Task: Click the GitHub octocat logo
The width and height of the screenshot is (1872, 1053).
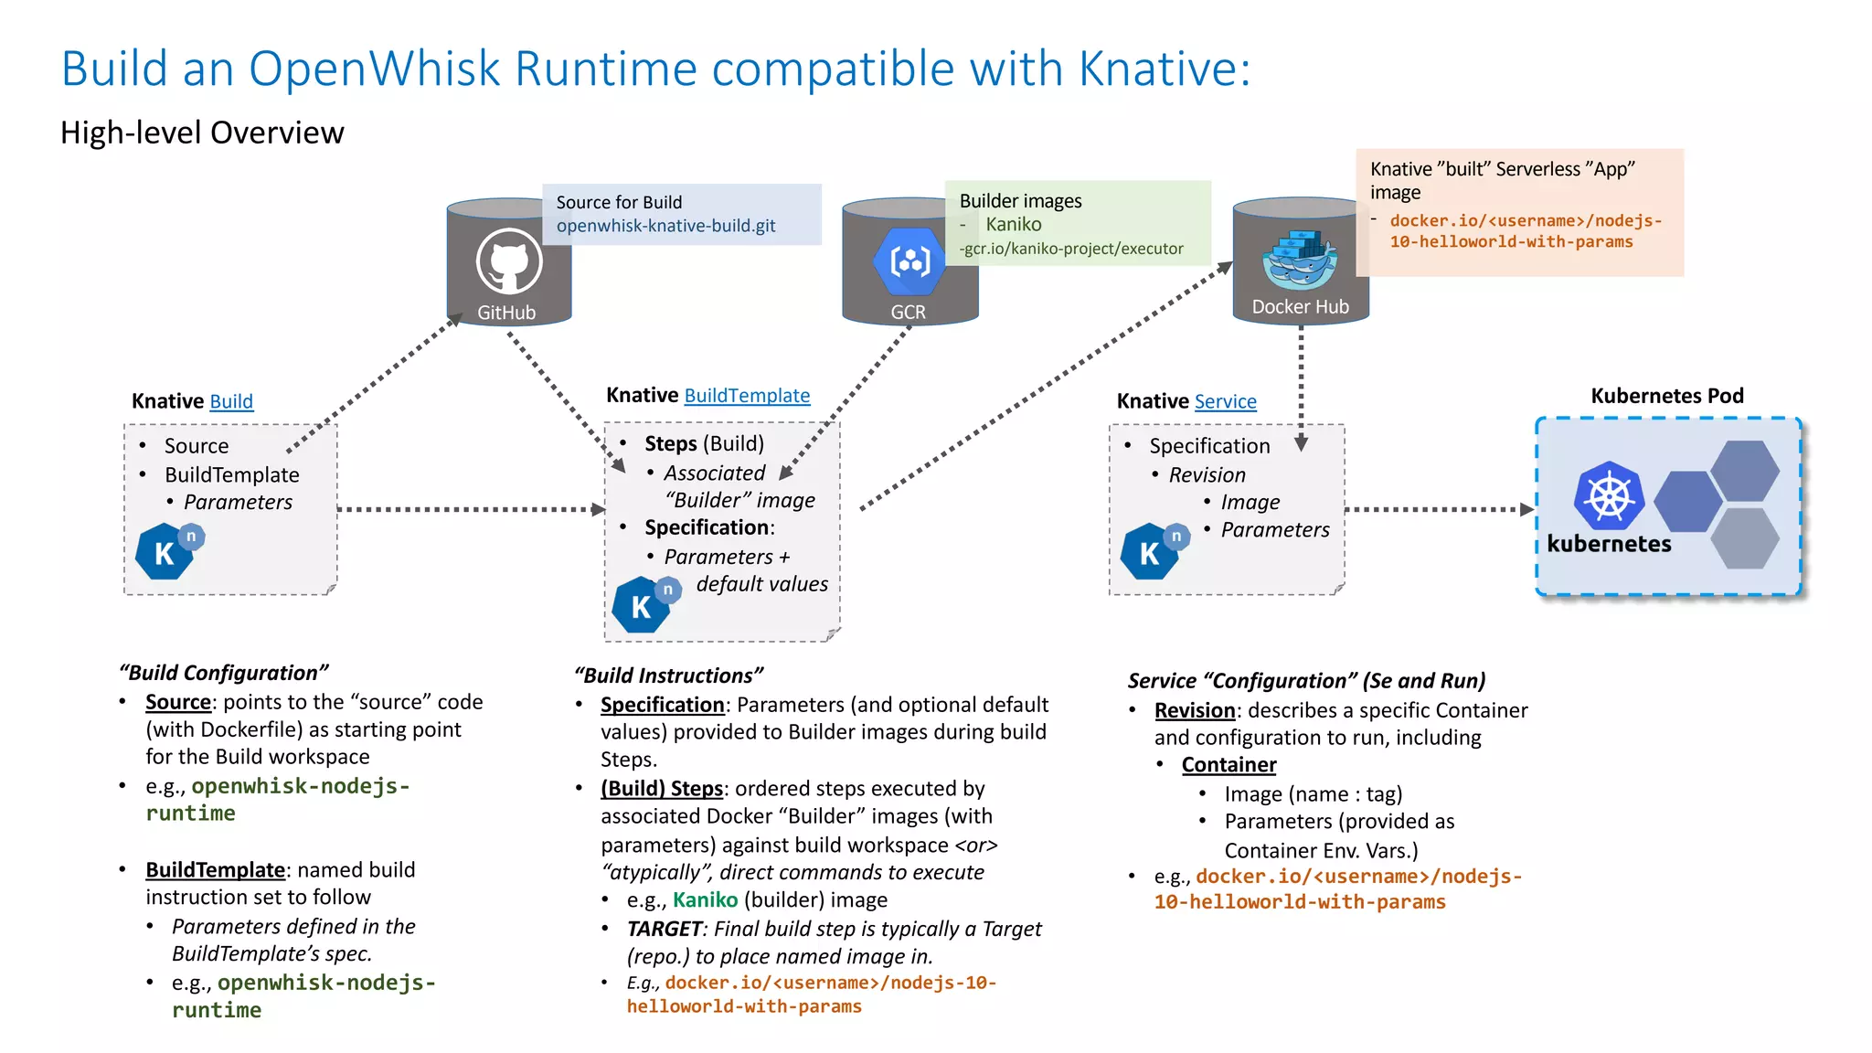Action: click(509, 261)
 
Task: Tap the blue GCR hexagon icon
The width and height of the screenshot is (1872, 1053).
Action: click(909, 261)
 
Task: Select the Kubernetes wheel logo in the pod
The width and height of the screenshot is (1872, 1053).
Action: click(1609, 496)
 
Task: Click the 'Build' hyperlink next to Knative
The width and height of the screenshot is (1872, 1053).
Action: click(231, 401)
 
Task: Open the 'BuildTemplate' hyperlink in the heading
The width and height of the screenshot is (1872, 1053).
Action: click(747, 395)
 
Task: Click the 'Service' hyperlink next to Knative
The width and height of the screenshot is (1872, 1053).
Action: click(1225, 401)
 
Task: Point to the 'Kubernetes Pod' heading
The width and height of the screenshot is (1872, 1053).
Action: click(1666, 396)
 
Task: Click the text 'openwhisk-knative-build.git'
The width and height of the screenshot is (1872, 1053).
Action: click(665, 226)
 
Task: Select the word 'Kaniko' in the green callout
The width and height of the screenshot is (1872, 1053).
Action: click(1013, 224)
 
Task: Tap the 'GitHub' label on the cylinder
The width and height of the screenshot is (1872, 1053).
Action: click(506, 313)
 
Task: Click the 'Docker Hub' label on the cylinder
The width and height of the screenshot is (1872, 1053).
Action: click(1300, 307)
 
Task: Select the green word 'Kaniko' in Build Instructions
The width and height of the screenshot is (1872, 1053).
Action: click(705, 900)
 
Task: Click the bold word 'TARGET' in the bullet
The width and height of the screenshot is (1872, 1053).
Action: click(664, 929)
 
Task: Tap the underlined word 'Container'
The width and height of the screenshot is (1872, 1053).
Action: click(1228, 765)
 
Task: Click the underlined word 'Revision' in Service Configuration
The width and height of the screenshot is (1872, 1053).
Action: click(1195, 710)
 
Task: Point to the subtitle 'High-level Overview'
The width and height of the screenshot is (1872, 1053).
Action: click(202, 133)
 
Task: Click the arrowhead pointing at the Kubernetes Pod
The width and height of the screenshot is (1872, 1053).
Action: click(1526, 509)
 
